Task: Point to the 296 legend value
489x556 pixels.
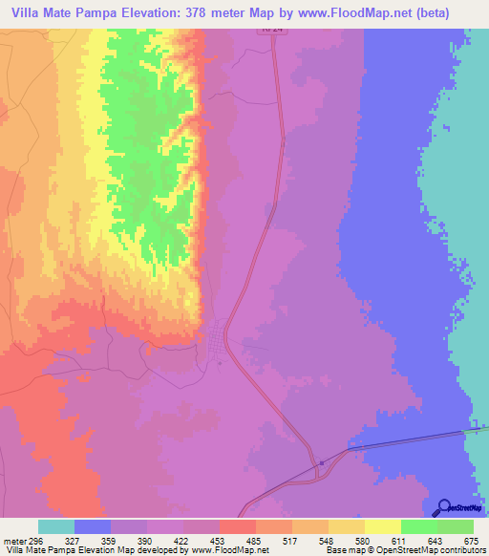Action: (36, 541)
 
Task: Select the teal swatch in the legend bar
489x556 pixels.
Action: (55, 526)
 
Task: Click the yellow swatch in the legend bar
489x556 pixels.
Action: (382, 526)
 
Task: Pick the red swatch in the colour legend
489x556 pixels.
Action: (237, 526)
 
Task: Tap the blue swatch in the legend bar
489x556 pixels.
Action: (92, 526)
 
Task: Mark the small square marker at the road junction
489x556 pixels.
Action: (323, 463)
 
